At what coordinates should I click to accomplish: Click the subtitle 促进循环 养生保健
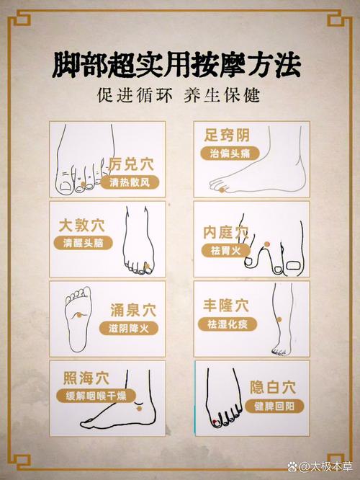[179, 95]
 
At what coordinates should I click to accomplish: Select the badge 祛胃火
[225, 250]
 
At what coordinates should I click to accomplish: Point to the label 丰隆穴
[228, 305]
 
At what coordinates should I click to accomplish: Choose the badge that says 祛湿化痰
[228, 324]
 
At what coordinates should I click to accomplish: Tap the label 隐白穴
[275, 387]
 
